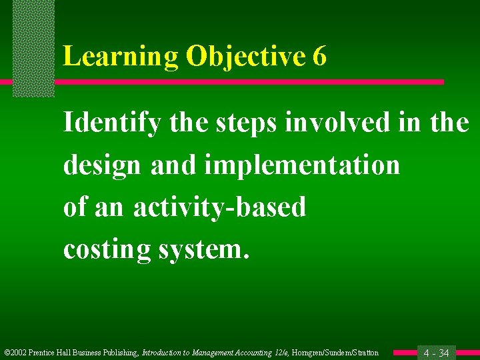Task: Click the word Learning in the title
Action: click(x=121, y=57)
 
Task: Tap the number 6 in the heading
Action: click(x=319, y=57)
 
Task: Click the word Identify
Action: click(x=111, y=123)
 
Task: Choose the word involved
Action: click(x=337, y=123)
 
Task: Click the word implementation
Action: click(x=301, y=165)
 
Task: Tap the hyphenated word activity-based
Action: click(x=219, y=207)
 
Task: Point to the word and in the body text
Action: click(x=171, y=165)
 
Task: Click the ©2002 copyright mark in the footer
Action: click(x=15, y=353)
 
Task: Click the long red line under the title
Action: click(x=247, y=82)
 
